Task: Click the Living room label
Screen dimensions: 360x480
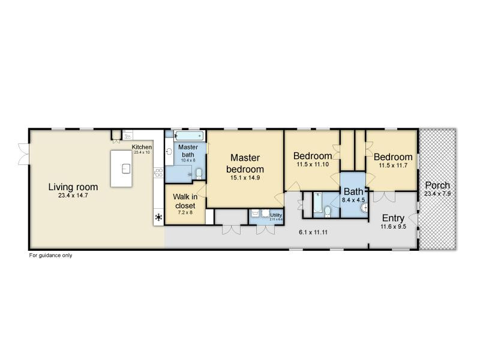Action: coord(73,187)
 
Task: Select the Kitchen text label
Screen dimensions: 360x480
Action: coord(142,147)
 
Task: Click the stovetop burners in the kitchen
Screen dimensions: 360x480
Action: coord(159,173)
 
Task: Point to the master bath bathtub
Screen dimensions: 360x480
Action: coord(185,135)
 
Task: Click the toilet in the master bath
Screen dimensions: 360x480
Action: coord(198,174)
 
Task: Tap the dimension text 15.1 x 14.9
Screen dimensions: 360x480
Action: coord(245,178)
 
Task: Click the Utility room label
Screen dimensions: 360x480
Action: coord(276,215)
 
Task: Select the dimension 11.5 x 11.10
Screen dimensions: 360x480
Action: coord(312,164)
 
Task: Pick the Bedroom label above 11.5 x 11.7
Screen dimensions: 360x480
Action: coord(393,157)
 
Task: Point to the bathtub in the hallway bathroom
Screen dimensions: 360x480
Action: coord(317,203)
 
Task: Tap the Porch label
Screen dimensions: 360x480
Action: coord(437,185)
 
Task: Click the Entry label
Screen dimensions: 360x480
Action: coord(393,218)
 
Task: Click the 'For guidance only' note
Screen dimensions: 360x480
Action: coord(51,255)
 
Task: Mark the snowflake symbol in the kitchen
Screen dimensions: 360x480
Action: coord(159,217)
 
